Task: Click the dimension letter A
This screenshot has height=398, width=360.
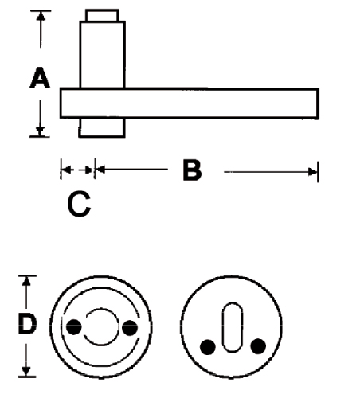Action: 40,78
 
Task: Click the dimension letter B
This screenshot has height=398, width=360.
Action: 192,170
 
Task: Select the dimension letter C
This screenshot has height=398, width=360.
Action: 79,204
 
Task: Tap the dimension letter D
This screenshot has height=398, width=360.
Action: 27,324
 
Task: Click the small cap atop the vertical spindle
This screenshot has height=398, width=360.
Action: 102,16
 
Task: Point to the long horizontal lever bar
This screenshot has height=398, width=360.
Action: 190,103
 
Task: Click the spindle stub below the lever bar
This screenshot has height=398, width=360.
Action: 102,127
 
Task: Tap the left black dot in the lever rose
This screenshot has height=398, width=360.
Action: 74,327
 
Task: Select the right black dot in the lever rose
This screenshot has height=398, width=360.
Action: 130,328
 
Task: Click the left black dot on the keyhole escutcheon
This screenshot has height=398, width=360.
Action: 208,347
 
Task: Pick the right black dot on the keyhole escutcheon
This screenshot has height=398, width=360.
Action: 258,346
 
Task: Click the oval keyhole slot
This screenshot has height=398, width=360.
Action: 233,327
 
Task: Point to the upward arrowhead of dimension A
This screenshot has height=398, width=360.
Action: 41,16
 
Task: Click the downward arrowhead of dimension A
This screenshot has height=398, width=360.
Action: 40,131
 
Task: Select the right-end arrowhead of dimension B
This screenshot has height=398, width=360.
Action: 312,172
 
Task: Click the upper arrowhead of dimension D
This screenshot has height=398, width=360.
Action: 26,281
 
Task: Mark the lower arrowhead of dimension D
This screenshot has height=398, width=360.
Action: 26,371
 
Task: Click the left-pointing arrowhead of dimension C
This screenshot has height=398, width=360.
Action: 66,170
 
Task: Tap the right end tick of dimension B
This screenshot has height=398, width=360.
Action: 318,172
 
